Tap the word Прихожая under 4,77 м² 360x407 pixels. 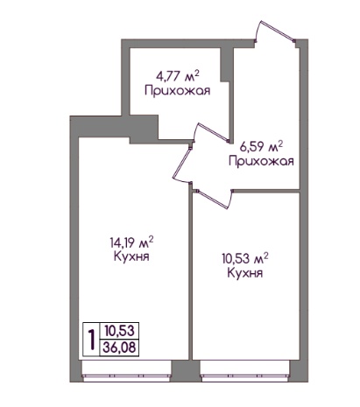point(177,91)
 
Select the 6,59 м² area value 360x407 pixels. point(261,147)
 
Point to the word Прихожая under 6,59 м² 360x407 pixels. point(261,161)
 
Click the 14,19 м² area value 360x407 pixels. point(131,242)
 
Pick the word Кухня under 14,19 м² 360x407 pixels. point(131,256)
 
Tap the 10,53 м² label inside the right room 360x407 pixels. point(245,259)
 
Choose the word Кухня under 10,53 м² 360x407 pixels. point(245,273)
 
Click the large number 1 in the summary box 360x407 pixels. point(92,340)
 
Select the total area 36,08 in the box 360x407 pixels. point(119,347)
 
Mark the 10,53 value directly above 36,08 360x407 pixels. point(120,331)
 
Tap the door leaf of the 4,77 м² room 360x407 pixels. point(213,132)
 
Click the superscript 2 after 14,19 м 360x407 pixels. point(152,239)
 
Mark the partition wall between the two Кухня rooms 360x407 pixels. point(190,274)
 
